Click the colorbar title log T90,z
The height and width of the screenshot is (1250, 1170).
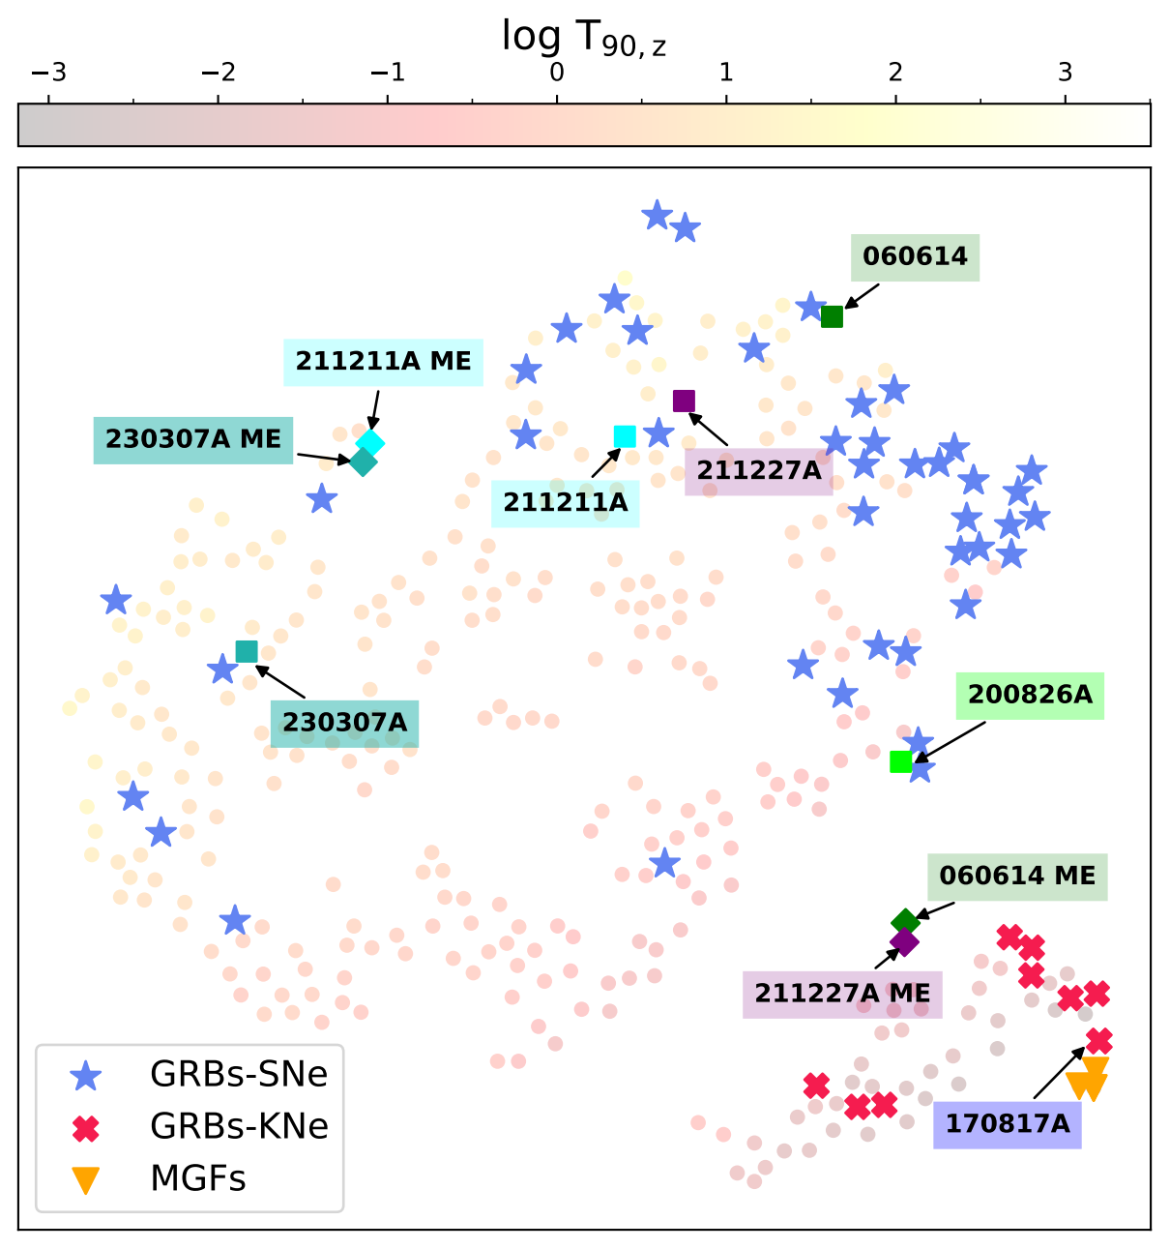583,37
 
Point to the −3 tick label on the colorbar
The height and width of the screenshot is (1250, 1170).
48,73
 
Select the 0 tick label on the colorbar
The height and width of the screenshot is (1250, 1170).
557,73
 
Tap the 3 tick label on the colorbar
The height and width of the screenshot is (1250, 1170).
1065,73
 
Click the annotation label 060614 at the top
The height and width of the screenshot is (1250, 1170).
915,256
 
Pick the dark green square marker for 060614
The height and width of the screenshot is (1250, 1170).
832,316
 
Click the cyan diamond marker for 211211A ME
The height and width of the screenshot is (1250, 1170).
370,443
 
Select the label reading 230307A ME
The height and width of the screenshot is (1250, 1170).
193,439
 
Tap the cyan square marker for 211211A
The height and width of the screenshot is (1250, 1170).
625,436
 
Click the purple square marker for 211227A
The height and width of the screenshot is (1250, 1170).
684,401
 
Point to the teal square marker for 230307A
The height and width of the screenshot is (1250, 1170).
247,652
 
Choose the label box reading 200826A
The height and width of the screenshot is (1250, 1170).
1030,695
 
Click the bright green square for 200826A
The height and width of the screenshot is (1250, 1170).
900,761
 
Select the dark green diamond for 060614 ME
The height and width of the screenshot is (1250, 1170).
905,921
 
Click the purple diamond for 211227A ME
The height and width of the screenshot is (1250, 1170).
904,941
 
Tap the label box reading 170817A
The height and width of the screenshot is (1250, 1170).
1007,1124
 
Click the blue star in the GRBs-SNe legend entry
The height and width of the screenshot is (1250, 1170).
86,1075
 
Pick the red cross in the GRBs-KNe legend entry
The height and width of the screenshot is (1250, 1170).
86,1127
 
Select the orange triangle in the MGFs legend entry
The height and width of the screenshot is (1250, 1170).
86,1179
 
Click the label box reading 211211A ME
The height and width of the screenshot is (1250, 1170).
383,362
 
